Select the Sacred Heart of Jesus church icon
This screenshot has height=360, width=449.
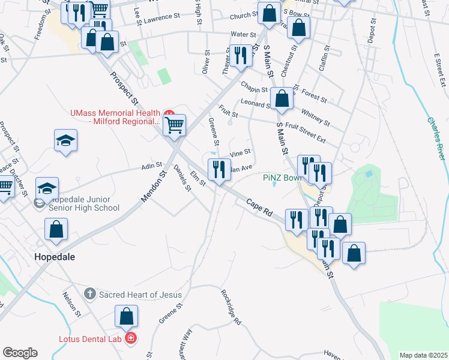coord(90,294)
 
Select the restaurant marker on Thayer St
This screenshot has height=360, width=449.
coord(240,56)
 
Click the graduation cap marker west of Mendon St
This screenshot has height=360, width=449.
coord(65,140)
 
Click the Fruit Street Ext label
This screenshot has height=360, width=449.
coord(306,133)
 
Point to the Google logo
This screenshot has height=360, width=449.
coord(20,353)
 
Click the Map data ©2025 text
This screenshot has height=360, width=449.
coord(424,355)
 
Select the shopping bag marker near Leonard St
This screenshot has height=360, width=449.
coord(282,98)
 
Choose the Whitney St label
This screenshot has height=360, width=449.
coord(315,117)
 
